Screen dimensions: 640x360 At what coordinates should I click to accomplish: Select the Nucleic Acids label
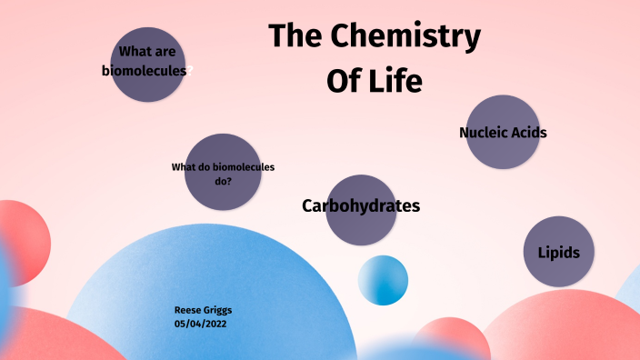click(503, 133)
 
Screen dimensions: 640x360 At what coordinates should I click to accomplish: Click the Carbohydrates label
click(361, 206)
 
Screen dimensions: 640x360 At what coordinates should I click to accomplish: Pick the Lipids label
click(559, 253)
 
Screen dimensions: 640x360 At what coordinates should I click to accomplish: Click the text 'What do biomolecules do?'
click(223, 174)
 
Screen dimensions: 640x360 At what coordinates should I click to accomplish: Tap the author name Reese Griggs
click(203, 310)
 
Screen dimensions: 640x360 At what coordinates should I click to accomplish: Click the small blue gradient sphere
click(383, 280)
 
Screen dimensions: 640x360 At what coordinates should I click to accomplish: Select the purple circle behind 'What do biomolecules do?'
click(223, 195)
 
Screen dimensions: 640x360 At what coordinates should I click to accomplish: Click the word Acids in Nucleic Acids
click(528, 133)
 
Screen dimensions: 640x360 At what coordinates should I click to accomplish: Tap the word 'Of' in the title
click(343, 81)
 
